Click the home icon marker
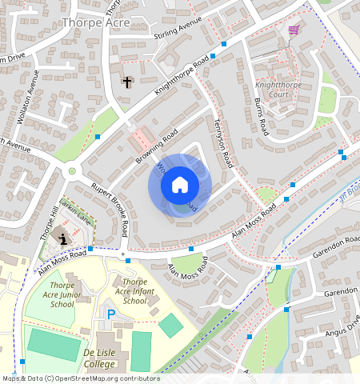[x=180, y=186]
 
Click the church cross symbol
[x=126, y=82]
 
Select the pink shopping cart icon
[x=294, y=30]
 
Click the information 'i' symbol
[x=63, y=238]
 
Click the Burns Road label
[x=260, y=118]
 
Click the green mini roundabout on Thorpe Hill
[x=72, y=170]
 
